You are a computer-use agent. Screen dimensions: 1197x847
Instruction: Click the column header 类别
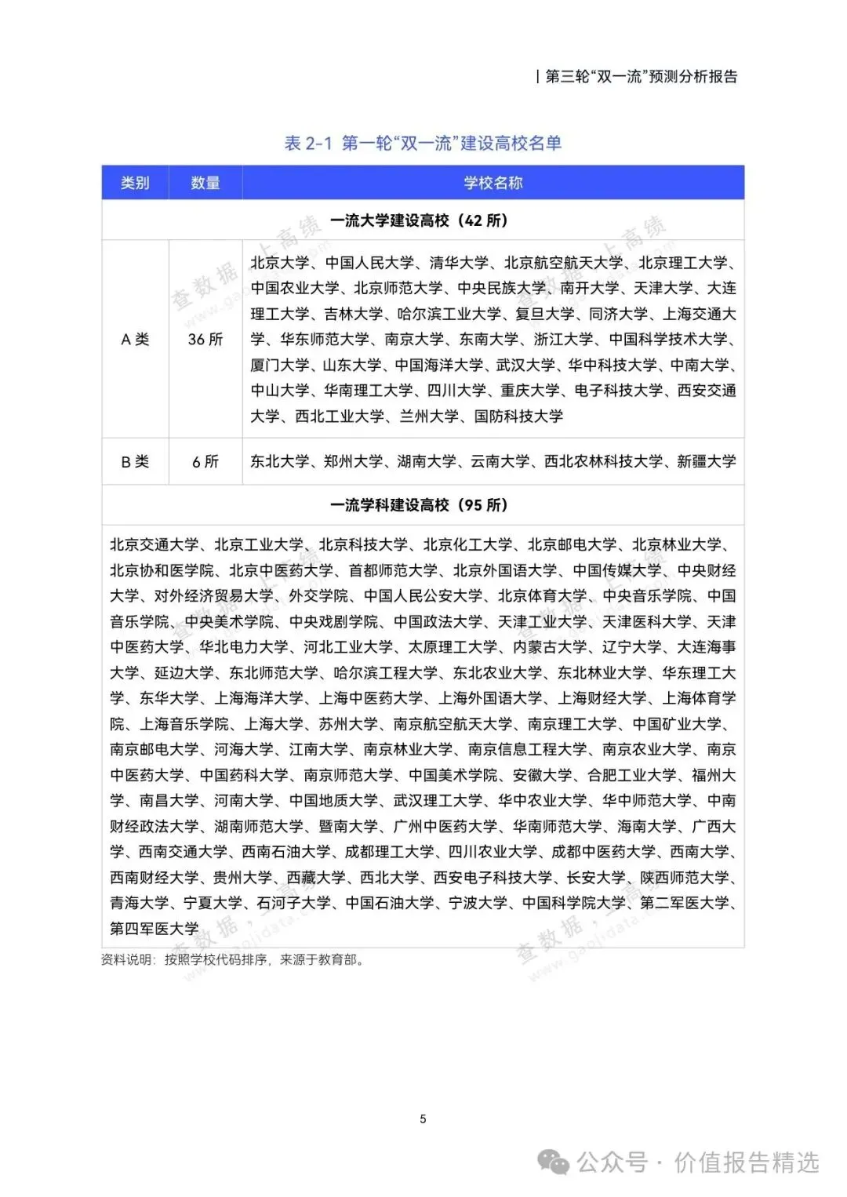tap(135, 183)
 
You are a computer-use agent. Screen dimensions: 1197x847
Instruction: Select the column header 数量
tap(205, 183)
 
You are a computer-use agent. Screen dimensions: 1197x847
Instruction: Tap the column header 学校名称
tap(493, 183)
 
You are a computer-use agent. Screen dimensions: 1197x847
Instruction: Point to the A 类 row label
tap(135, 339)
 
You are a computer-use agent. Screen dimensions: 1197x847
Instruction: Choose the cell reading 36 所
tap(205, 339)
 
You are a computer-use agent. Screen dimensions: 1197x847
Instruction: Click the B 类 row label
tap(135, 461)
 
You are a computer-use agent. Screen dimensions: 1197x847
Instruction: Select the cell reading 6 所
tap(205, 461)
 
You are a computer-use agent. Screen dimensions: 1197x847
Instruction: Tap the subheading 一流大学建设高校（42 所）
tap(419, 220)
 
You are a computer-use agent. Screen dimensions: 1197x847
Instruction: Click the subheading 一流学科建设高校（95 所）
tap(419, 505)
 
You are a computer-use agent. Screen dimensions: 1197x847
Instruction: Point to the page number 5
tap(423, 1119)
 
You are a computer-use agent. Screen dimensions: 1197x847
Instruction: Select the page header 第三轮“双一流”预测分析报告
tap(641, 76)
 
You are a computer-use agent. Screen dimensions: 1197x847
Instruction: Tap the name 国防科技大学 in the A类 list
tap(518, 416)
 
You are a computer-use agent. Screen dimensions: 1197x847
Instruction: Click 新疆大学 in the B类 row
tap(707, 461)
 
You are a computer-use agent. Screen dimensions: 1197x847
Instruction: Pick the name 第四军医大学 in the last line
tap(154, 928)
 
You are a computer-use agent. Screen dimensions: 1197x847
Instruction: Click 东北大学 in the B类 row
tap(279, 461)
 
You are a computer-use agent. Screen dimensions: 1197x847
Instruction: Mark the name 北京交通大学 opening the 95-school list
tap(154, 544)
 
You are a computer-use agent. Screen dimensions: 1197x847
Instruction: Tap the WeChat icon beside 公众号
tap(557, 1162)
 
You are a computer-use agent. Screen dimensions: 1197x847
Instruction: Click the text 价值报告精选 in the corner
tap(747, 1162)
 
